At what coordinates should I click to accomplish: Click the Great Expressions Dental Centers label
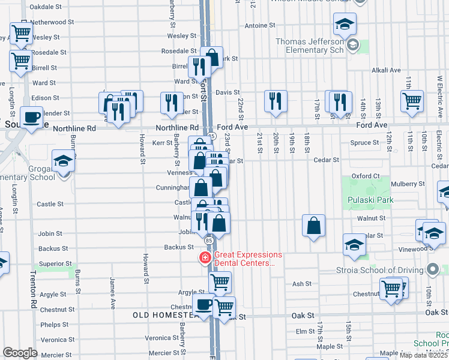(x=248, y=259)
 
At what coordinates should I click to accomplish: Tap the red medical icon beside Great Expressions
(x=205, y=257)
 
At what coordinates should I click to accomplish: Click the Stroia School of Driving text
(x=380, y=269)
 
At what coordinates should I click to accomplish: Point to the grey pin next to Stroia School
(x=431, y=269)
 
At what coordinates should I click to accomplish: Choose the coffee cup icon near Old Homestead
(x=203, y=304)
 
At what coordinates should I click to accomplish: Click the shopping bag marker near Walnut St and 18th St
(x=313, y=226)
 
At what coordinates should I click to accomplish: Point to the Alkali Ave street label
(x=386, y=70)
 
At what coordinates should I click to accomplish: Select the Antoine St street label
(x=260, y=26)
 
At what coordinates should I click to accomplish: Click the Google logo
(x=20, y=353)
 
